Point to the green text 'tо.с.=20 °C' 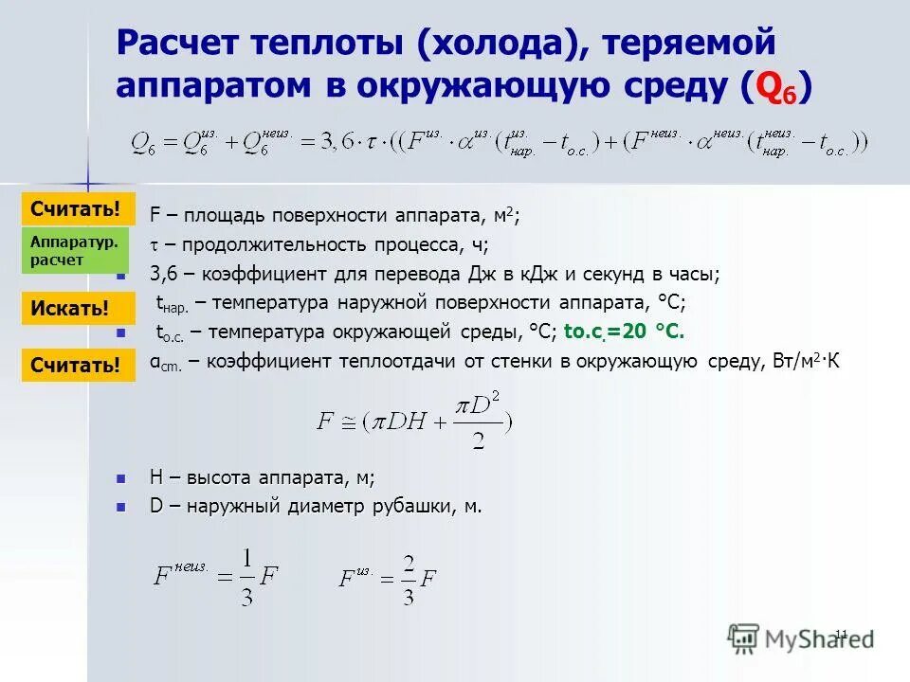click(624, 332)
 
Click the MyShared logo click(801, 637)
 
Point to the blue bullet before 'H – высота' click(120, 479)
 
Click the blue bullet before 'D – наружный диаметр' click(120, 508)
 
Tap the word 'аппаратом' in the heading click(224, 86)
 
